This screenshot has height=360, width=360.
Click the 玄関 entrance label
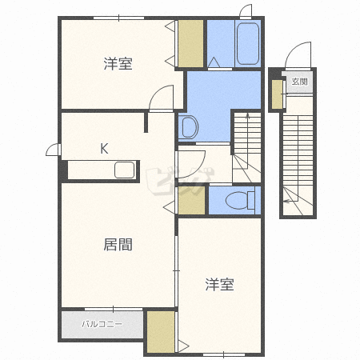(299, 82)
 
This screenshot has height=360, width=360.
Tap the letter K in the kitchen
(104, 149)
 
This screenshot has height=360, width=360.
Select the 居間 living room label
(118, 244)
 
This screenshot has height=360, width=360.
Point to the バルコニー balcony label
(102, 324)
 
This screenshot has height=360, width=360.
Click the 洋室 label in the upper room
(118, 63)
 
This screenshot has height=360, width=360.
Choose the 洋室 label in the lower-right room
(220, 284)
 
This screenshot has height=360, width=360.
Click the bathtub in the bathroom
(248, 44)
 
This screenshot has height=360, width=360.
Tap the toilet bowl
(240, 200)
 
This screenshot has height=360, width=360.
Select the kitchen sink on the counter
(125, 170)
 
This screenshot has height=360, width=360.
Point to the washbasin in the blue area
(189, 126)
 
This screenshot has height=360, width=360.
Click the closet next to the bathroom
(190, 43)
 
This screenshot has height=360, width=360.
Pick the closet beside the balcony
(161, 332)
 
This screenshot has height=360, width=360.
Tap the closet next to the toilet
(191, 200)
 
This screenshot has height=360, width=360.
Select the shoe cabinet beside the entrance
(277, 94)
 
